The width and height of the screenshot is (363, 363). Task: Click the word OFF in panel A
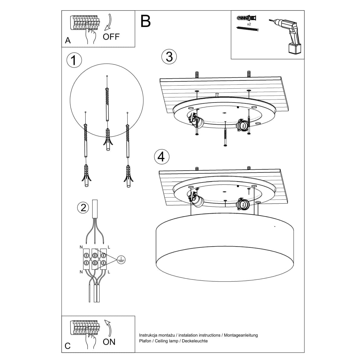(111, 37)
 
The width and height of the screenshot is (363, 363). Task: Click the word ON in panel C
(109, 342)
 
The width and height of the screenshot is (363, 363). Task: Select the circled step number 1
(74, 60)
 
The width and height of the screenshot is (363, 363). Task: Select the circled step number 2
(83, 208)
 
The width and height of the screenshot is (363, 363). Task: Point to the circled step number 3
(169, 57)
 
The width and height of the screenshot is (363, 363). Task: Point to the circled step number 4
(162, 157)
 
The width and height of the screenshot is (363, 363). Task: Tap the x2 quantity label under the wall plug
(249, 24)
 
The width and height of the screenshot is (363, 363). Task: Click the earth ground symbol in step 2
(121, 259)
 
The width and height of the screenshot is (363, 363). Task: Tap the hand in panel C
(90, 342)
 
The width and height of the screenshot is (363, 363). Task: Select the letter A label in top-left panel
(68, 41)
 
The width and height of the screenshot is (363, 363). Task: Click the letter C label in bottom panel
(68, 346)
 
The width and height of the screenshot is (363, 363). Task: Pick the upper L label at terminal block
(109, 247)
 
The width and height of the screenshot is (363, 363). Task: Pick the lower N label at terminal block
(81, 272)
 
